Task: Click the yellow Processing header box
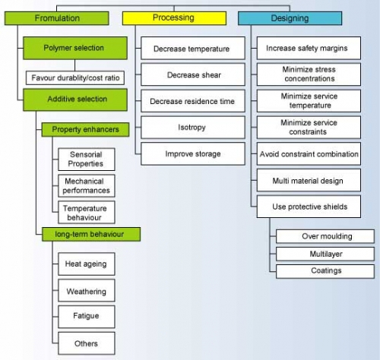tap(174, 18)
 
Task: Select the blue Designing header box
tap(290, 18)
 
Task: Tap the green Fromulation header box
tap(57, 18)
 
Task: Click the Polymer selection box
tap(75, 48)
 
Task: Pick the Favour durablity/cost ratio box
tap(75, 77)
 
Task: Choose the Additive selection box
tap(75, 99)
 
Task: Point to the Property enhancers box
tap(85, 130)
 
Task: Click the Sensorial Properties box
tap(87, 159)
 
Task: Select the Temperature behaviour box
tap(87, 213)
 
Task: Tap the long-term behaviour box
tap(91, 234)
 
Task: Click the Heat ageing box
tap(87, 264)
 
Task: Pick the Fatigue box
tap(87, 317)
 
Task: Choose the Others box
tap(87, 343)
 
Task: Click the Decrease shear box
tap(193, 74)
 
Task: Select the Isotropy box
tap(193, 128)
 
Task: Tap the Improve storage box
tap(193, 153)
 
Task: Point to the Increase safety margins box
tap(309, 48)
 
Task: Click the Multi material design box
tap(309, 180)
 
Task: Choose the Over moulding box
tap(325, 236)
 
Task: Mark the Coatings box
tap(325, 271)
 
